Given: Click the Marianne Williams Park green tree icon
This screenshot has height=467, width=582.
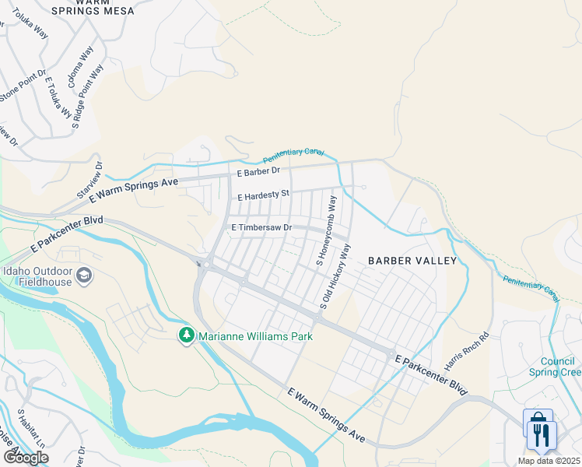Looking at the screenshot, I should pyautogui.click(x=186, y=336).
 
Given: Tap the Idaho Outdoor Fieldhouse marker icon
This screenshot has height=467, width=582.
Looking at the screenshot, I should pyautogui.click(x=84, y=276).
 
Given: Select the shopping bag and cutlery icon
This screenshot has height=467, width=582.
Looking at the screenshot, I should pyautogui.click(x=538, y=430).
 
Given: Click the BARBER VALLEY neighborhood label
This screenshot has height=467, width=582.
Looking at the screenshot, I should pyautogui.click(x=412, y=261).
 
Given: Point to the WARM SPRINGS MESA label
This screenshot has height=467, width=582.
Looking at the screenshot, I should pyautogui.click(x=93, y=8).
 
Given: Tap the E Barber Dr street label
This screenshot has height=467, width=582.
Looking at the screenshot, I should pyautogui.click(x=258, y=171).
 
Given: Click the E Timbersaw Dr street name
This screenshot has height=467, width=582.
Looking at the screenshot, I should pyautogui.click(x=261, y=227).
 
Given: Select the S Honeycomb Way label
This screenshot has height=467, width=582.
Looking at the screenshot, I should pyautogui.click(x=326, y=231).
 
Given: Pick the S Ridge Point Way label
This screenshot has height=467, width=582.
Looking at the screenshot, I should pyautogui.click(x=87, y=97).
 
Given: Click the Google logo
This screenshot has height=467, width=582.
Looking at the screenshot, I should pyautogui.click(x=26, y=457).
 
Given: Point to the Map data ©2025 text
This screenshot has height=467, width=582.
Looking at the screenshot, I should pyautogui.click(x=549, y=461).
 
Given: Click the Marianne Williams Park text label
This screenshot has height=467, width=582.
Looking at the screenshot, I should pyautogui.click(x=255, y=336).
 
